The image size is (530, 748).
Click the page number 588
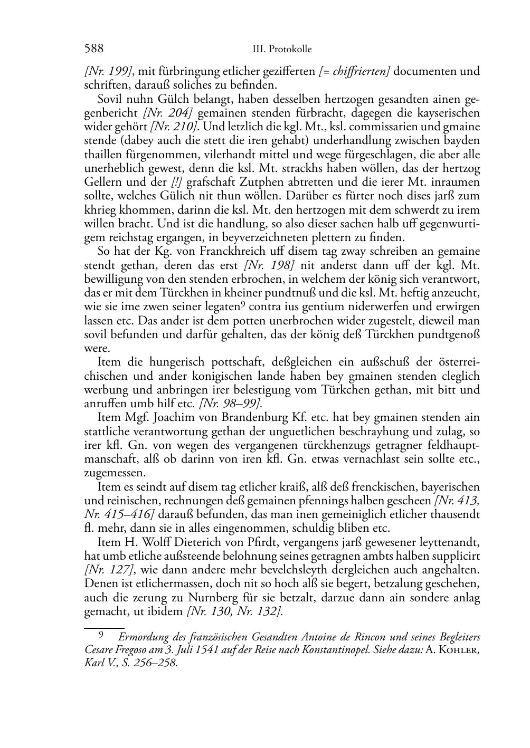coord(93,49)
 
